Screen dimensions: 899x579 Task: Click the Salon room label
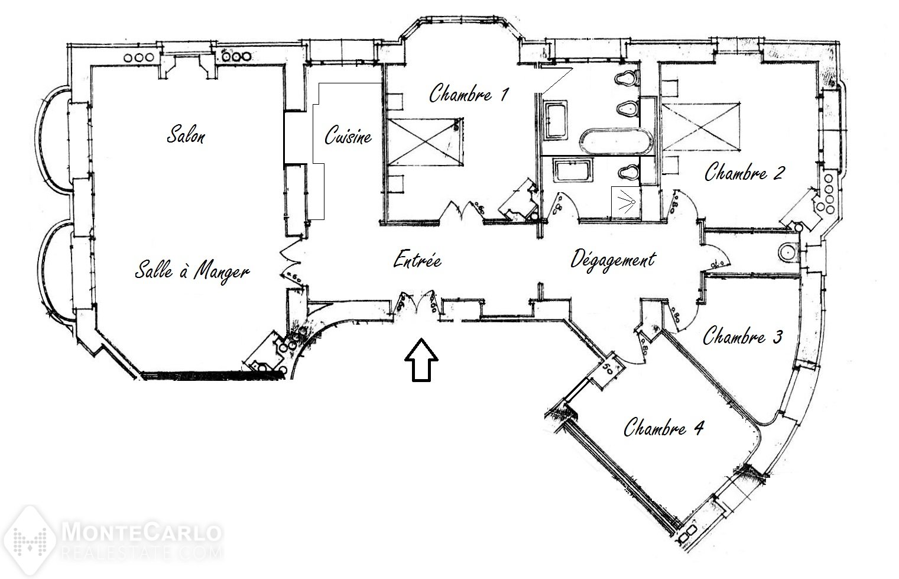[x=186, y=135]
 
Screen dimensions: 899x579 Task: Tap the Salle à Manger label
[x=192, y=271]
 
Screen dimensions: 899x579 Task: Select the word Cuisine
[x=348, y=135]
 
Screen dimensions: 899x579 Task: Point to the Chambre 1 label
[x=468, y=93]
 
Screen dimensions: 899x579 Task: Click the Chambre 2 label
[x=745, y=172]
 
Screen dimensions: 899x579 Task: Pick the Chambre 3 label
[x=742, y=335]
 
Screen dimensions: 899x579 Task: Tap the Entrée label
[x=417, y=260]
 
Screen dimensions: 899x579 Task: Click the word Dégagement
[x=613, y=260]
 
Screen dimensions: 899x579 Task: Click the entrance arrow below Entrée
[x=421, y=360]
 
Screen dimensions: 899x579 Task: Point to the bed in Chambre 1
[x=426, y=142]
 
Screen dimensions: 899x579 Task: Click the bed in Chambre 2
[x=701, y=127]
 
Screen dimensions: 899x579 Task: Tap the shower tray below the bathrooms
[x=626, y=202]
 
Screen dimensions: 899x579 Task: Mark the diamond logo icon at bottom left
[x=30, y=541]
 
